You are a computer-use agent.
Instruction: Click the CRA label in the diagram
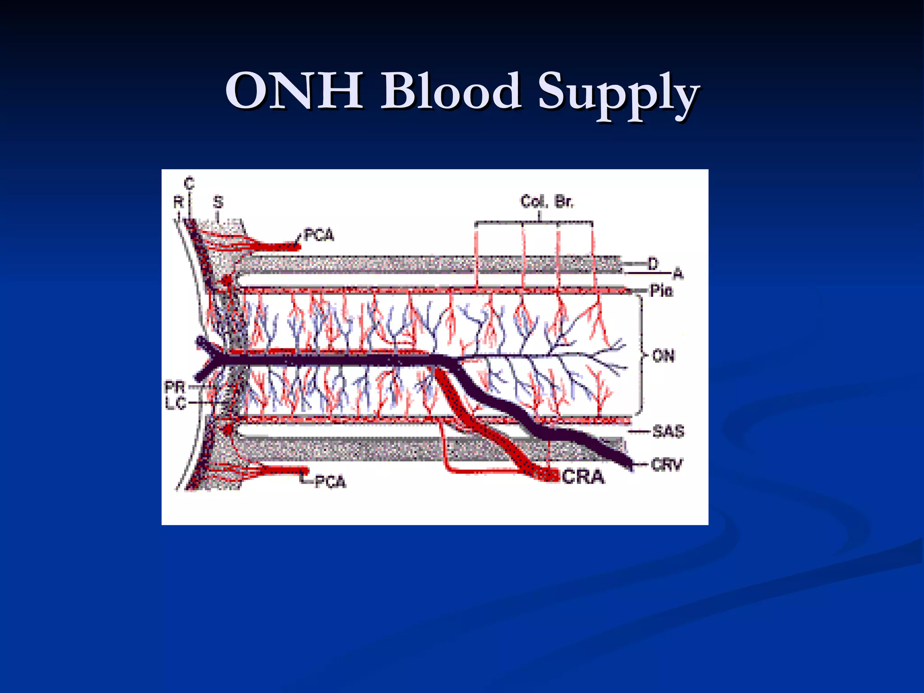pyautogui.click(x=583, y=477)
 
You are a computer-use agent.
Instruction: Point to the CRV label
pyautogui.click(x=667, y=464)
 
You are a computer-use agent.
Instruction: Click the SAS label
pyautogui.click(x=668, y=431)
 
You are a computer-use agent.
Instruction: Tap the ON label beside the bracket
pyautogui.click(x=663, y=356)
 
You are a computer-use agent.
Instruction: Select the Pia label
pyautogui.click(x=661, y=291)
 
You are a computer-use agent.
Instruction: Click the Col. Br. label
pyautogui.click(x=546, y=201)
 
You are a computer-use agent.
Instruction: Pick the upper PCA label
pyautogui.click(x=319, y=235)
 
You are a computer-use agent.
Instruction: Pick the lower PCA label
pyautogui.click(x=330, y=482)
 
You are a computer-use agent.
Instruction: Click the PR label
pyautogui.click(x=175, y=387)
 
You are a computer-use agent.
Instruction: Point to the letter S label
pyautogui.click(x=218, y=202)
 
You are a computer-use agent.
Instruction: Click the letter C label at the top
pyautogui.click(x=189, y=183)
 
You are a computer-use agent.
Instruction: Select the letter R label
pyautogui.click(x=178, y=202)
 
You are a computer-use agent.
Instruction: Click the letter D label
pyautogui.click(x=653, y=263)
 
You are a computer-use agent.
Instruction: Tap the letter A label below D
pyautogui.click(x=678, y=273)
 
